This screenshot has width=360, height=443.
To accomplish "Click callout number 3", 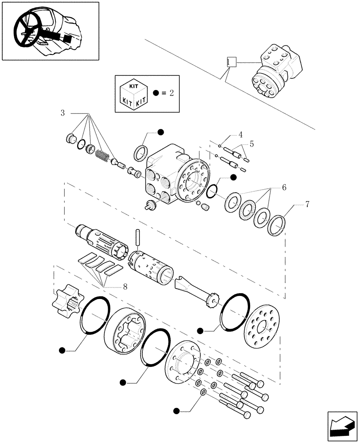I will point(63,113).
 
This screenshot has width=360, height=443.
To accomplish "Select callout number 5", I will point(251,144).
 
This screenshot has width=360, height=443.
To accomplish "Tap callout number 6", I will point(283,187).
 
